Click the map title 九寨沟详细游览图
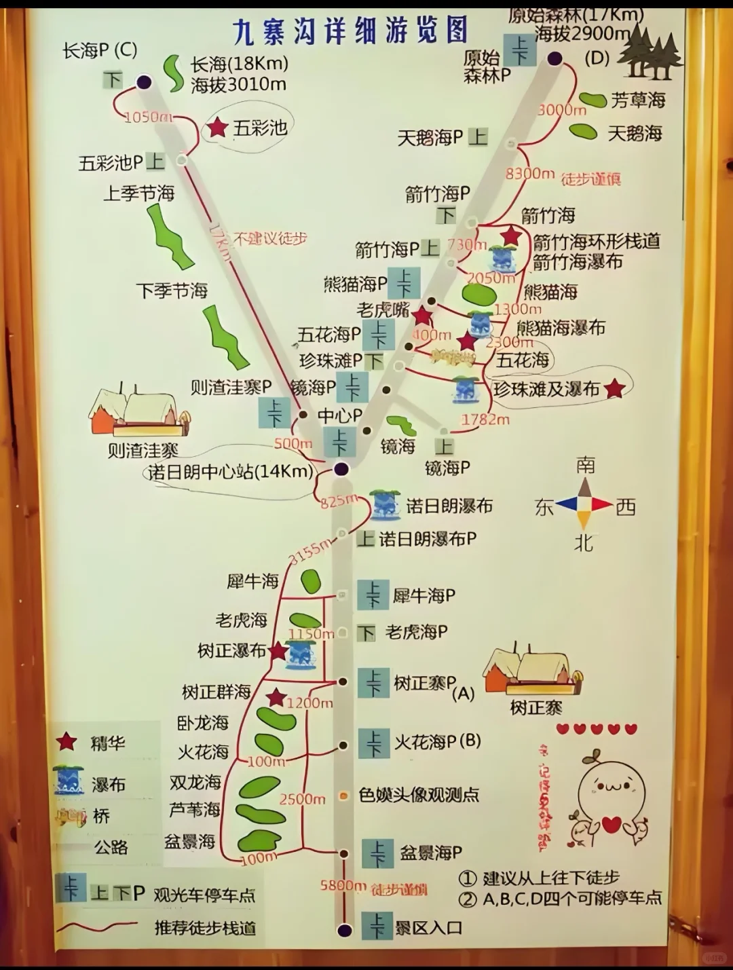[x=350, y=31]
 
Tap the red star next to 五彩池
[x=217, y=127]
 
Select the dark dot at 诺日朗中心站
[x=341, y=468]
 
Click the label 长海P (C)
[x=100, y=50]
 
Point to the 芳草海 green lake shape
[x=593, y=100]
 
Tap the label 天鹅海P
[x=430, y=138]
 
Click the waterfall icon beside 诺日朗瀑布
[x=385, y=504]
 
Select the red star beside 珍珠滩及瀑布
[x=614, y=388]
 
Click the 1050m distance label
[x=147, y=117]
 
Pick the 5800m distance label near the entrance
[x=343, y=885]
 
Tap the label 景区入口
[x=429, y=927]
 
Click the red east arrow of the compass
[x=601, y=504]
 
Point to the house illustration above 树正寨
[x=533, y=673]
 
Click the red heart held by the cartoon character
[x=612, y=824]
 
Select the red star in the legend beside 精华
[x=66, y=742]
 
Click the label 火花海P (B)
[x=437, y=741]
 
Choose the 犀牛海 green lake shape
[x=311, y=582]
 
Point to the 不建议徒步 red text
[x=270, y=238]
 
